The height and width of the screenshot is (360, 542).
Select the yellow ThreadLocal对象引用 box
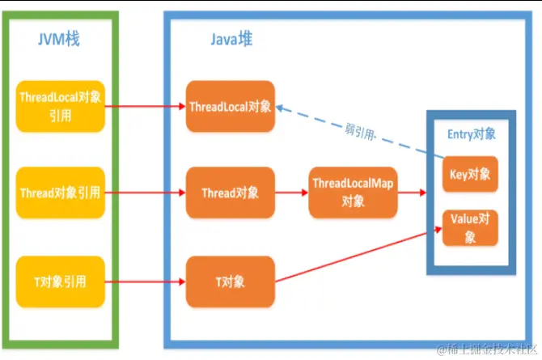pos(61,106)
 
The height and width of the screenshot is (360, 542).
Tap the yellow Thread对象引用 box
pos(61,193)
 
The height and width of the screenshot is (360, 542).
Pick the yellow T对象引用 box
pos(61,282)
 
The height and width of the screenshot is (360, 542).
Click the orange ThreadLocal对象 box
pos(230,107)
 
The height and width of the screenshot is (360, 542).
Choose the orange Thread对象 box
pos(230,193)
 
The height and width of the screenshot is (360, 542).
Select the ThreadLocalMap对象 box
pos(353,193)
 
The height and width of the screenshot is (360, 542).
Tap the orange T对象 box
pos(230,282)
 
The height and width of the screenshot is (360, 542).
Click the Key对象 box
pos(470,174)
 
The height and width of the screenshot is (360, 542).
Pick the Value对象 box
pos(470,227)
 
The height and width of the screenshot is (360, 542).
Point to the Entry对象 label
pos(470,134)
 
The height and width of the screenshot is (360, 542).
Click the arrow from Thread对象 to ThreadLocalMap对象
pos(291,193)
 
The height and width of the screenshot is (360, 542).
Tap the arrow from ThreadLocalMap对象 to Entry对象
pos(413,193)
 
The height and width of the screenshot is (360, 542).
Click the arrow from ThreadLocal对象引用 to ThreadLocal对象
pos(146,106)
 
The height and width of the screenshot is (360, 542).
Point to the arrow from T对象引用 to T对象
pos(146,282)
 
